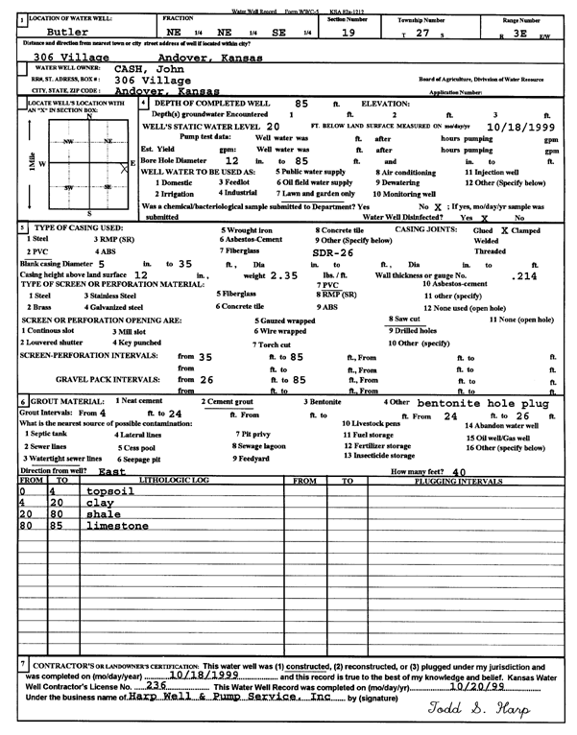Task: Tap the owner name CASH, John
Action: pyautogui.click(x=149, y=69)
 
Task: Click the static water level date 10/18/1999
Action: pyautogui.click(x=520, y=126)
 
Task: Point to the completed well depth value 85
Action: pyautogui.click(x=301, y=103)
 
